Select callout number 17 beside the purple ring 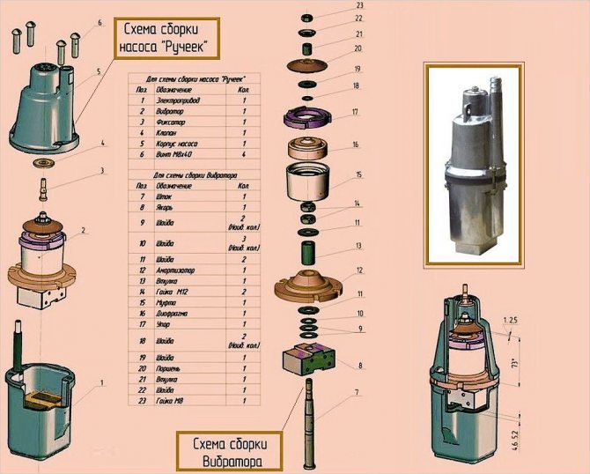pyautogui.click(x=355, y=113)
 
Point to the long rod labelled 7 pyautogui.click(x=310, y=423)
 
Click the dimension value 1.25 pyautogui.click(x=513, y=319)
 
